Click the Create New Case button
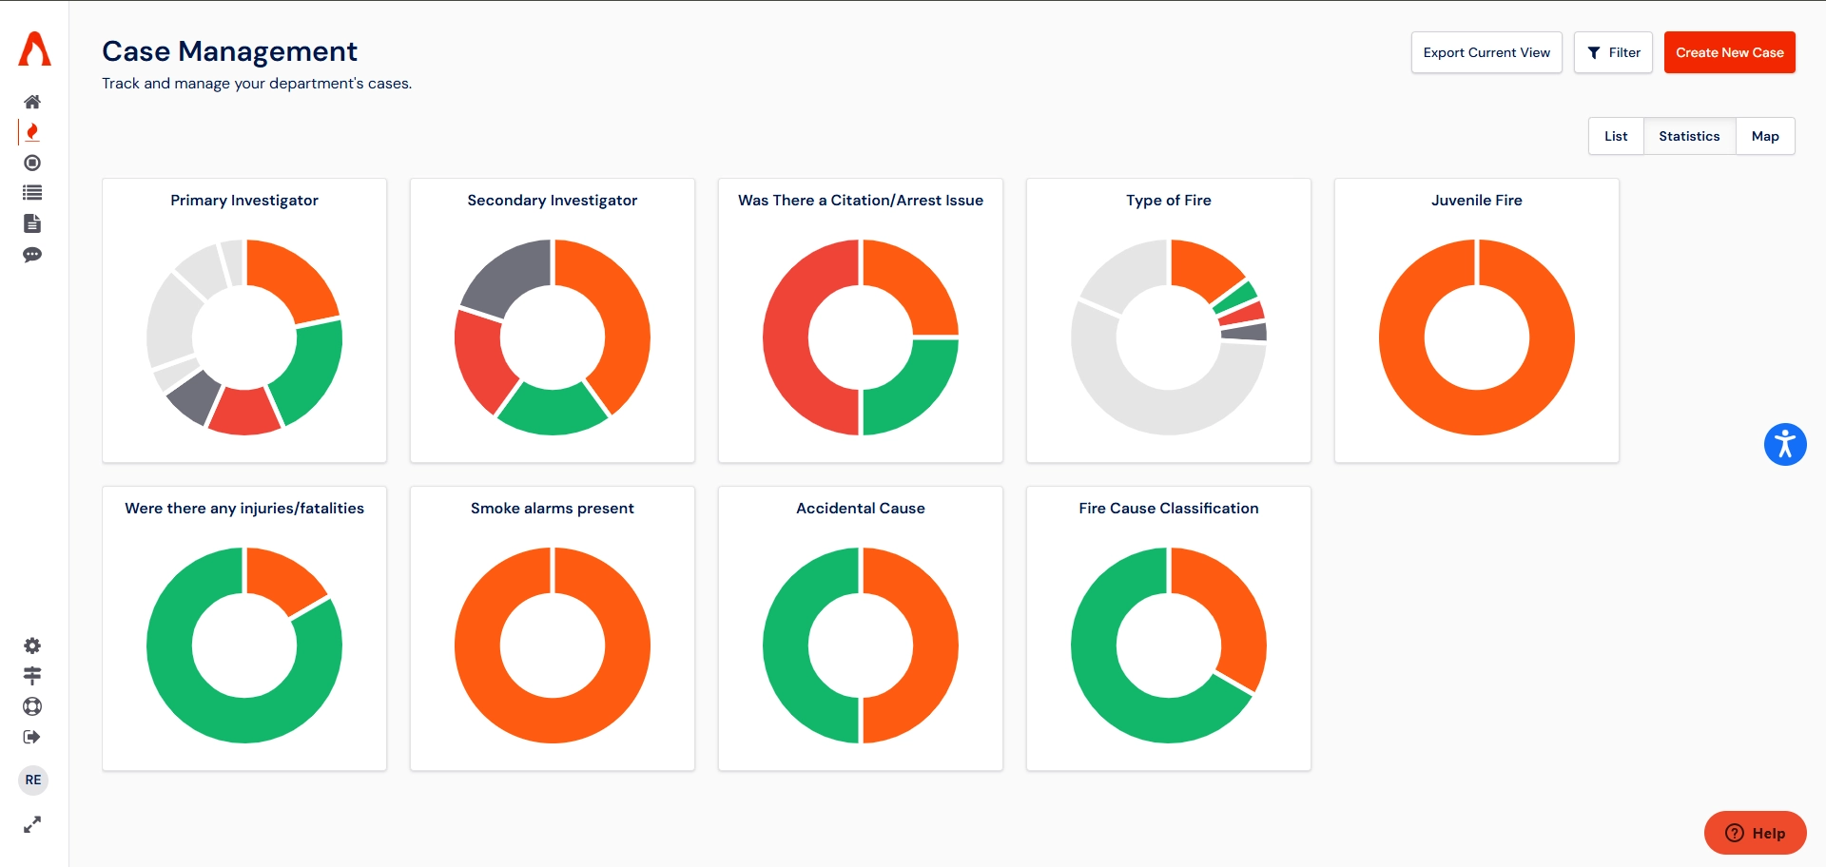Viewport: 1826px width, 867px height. point(1729,52)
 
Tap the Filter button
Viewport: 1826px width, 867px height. point(1613,52)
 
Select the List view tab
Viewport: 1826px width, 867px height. point(1615,136)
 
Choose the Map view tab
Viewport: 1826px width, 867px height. point(1764,136)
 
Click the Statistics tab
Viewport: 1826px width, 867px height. point(1688,136)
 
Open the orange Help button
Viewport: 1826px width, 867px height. point(1755,833)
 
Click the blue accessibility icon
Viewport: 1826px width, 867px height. point(1784,444)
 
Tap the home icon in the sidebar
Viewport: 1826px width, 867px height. point(32,102)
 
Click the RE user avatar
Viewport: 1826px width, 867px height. point(33,780)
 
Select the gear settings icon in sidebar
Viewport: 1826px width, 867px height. point(32,645)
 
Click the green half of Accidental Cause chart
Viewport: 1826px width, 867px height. point(787,646)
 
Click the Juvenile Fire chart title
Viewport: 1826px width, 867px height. point(1476,201)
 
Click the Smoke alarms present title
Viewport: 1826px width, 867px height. point(552,509)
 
